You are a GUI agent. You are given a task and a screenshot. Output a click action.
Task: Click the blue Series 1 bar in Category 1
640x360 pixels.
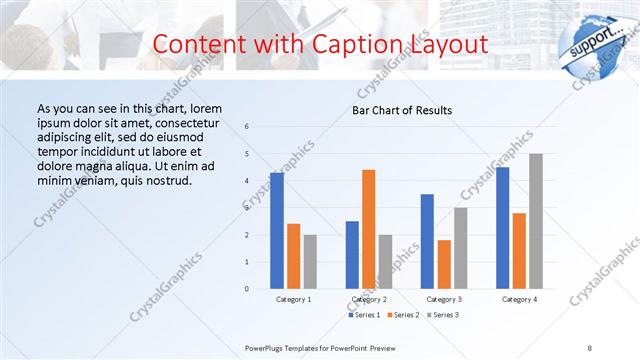point(277,231)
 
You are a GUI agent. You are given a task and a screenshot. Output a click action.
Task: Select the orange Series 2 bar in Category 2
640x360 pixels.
point(369,229)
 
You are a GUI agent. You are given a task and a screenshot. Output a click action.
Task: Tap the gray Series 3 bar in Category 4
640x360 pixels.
point(535,221)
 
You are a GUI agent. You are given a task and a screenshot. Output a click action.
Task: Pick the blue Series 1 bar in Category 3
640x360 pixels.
point(427,241)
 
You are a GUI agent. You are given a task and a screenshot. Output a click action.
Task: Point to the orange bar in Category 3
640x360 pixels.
point(444,264)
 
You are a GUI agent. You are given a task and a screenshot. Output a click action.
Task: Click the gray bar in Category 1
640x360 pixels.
point(310,262)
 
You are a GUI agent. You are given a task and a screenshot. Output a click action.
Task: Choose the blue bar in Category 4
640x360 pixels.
point(502,228)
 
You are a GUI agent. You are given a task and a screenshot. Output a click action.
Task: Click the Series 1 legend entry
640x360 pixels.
point(366,315)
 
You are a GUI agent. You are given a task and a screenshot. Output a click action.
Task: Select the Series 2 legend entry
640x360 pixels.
point(403,315)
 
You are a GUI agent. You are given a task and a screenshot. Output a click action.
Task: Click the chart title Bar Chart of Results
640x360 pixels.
point(402,110)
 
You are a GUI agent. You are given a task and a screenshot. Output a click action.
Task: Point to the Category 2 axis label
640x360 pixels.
point(369,299)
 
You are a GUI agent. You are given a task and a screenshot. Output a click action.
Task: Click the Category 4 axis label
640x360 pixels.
point(519,299)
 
